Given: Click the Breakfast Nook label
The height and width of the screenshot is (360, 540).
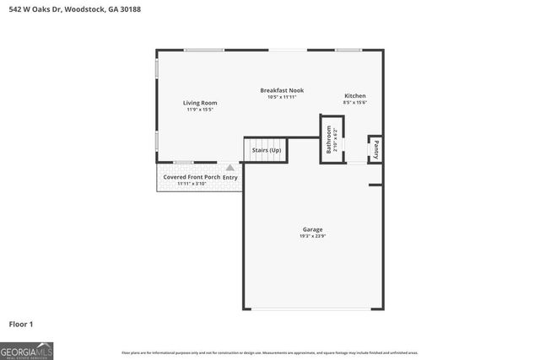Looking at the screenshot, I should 282,90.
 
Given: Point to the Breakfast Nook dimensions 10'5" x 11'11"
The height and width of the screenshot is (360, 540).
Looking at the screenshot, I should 282,97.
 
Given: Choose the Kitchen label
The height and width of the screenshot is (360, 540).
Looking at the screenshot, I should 354,96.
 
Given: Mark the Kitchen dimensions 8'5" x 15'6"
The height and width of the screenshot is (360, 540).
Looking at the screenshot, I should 354,103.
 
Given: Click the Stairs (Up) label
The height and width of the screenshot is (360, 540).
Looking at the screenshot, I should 266,150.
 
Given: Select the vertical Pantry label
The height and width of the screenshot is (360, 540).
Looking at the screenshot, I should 375,149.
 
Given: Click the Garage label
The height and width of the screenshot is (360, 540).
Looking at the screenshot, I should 312,229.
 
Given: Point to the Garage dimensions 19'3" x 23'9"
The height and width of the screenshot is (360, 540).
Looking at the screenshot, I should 312,236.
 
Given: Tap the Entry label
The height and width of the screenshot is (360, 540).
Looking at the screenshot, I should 230,177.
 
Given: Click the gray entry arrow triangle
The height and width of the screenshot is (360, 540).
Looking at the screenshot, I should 230,168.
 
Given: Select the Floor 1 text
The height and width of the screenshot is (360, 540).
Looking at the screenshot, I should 21,323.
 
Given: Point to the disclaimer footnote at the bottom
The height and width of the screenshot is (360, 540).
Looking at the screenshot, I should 269,352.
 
